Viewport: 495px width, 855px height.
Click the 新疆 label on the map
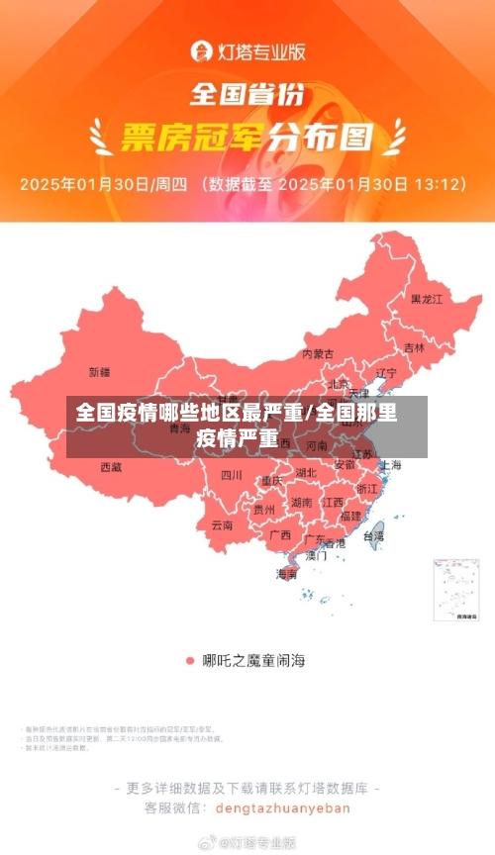tap(100, 372)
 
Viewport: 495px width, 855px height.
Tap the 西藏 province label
tap(111, 466)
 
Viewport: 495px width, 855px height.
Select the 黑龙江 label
tap(427, 298)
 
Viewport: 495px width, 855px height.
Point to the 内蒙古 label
tap(318, 353)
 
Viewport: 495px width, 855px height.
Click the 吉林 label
tap(414, 348)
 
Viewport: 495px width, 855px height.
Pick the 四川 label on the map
tap(231, 475)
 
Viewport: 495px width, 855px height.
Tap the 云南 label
tap(222, 525)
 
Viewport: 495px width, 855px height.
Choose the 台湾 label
tap(373, 536)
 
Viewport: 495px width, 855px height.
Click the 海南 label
tap(286, 574)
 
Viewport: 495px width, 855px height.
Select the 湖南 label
tap(302, 503)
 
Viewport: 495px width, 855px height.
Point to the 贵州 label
tap(264, 510)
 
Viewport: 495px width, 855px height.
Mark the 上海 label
tap(390, 465)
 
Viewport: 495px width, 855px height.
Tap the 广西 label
tap(280, 535)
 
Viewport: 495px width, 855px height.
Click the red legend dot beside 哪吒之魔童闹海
tap(189, 659)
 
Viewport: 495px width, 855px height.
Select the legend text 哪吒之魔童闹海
tap(253, 659)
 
